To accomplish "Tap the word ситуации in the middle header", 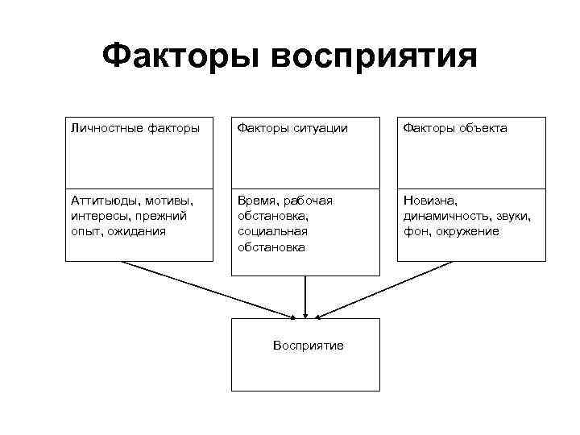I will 319,128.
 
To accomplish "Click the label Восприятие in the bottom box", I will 308,346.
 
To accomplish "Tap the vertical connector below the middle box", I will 305,294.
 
